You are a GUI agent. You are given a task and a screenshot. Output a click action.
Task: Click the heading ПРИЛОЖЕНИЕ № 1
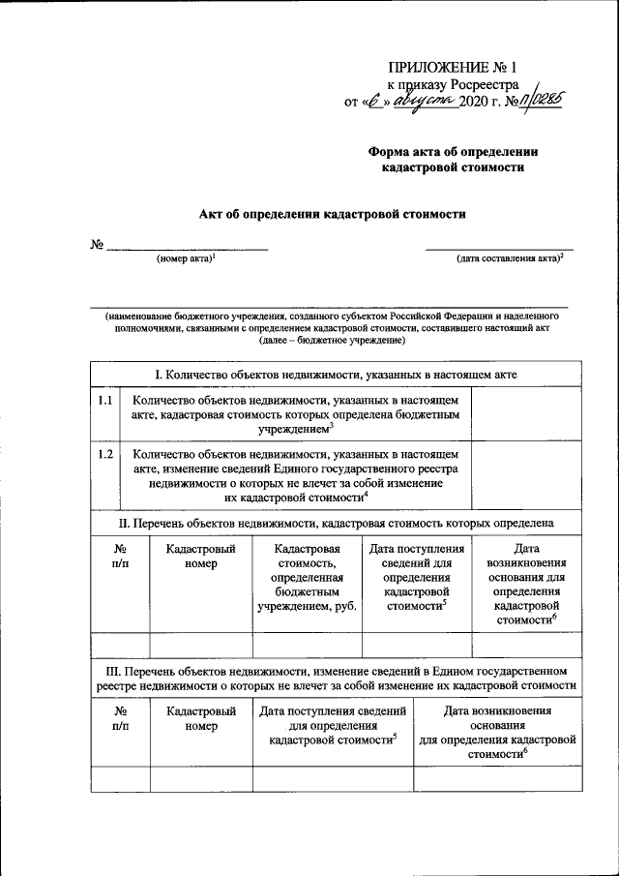tap(453, 68)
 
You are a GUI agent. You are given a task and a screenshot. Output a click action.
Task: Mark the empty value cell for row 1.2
tap(527, 473)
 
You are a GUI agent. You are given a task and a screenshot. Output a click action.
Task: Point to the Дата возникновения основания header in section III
tap(497, 734)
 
